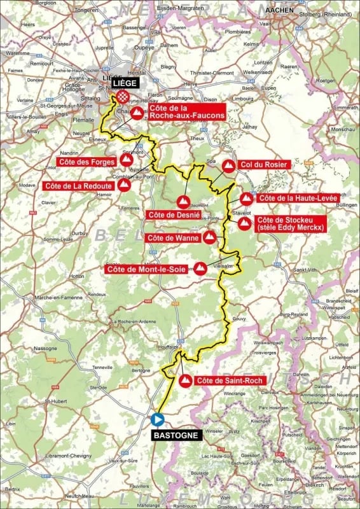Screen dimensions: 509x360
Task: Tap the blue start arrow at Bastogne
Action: [157, 419]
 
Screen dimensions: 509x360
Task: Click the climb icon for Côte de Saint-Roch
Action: [185, 381]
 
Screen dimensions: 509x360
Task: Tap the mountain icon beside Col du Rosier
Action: [228, 167]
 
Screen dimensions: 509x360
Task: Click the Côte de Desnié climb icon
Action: [183, 202]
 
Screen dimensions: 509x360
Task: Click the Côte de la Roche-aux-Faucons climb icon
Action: [137, 113]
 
